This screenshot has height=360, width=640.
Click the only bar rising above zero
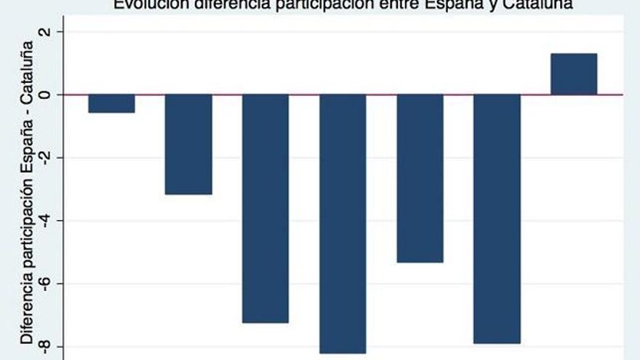pyautogui.click(x=574, y=73)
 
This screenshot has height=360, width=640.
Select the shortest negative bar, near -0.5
pyautogui.click(x=111, y=103)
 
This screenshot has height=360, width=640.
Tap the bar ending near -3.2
pyautogui.click(x=188, y=144)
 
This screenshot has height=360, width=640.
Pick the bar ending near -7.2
pyautogui.click(x=265, y=208)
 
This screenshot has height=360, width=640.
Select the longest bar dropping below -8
pyautogui.click(x=343, y=223)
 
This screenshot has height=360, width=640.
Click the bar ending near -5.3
pyautogui.click(x=420, y=178)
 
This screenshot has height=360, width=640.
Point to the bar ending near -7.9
pyautogui.click(x=497, y=218)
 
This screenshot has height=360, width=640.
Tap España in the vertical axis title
pyautogui.click(x=27, y=150)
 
